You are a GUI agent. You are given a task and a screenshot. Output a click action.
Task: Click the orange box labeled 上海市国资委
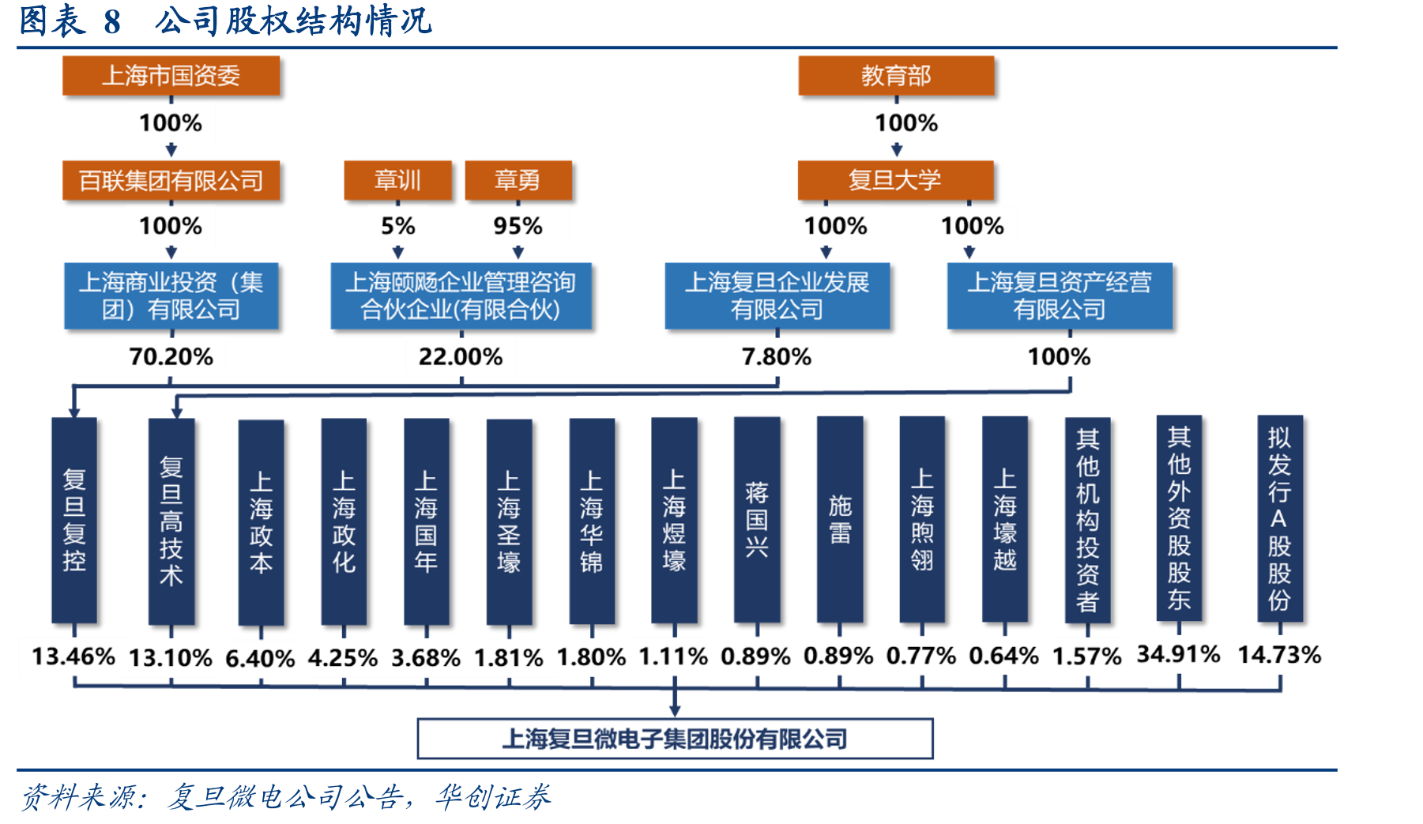(171, 76)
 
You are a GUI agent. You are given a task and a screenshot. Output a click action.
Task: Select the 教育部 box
(896, 76)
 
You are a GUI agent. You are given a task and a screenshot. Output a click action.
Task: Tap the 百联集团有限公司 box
(171, 181)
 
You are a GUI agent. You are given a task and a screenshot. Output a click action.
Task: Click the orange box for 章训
(398, 180)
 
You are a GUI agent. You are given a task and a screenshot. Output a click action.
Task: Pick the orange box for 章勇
(518, 180)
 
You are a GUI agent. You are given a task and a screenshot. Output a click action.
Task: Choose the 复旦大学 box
(895, 180)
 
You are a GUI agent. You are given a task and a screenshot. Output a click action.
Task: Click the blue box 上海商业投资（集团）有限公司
(171, 295)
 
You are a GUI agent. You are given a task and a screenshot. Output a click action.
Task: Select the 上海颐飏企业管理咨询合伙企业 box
(461, 295)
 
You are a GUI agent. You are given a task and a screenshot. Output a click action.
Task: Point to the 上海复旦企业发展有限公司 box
(777, 295)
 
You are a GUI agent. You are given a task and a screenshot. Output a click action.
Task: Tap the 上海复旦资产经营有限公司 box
(1060, 295)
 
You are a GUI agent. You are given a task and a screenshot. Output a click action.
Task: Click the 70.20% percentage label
(171, 357)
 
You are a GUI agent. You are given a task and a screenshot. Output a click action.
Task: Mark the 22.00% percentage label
(461, 357)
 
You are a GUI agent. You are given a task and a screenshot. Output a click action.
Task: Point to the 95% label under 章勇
(518, 227)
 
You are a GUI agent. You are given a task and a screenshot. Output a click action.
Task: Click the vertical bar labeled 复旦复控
(74, 521)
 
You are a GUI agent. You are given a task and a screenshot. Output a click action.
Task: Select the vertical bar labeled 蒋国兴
(757, 520)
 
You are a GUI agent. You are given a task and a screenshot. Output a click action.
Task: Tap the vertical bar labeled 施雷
(840, 520)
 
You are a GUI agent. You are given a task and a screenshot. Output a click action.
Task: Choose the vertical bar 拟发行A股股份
(1280, 518)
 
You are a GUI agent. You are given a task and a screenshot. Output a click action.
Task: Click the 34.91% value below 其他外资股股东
(1179, 654)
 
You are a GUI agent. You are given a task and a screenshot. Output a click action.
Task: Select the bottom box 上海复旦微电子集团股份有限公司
(676, 739)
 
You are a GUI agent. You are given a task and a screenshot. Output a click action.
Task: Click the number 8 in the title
(112, 22)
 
